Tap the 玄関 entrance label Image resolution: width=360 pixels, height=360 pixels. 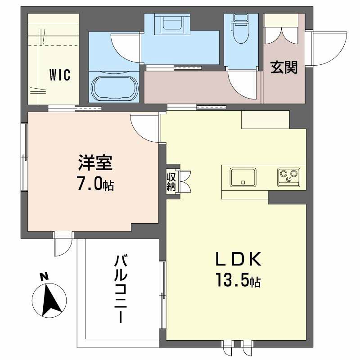click(x=284, y=67)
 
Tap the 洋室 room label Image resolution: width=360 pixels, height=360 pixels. click(x=94, y=162)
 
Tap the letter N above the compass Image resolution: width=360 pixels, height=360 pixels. click(x=44, y=277)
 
